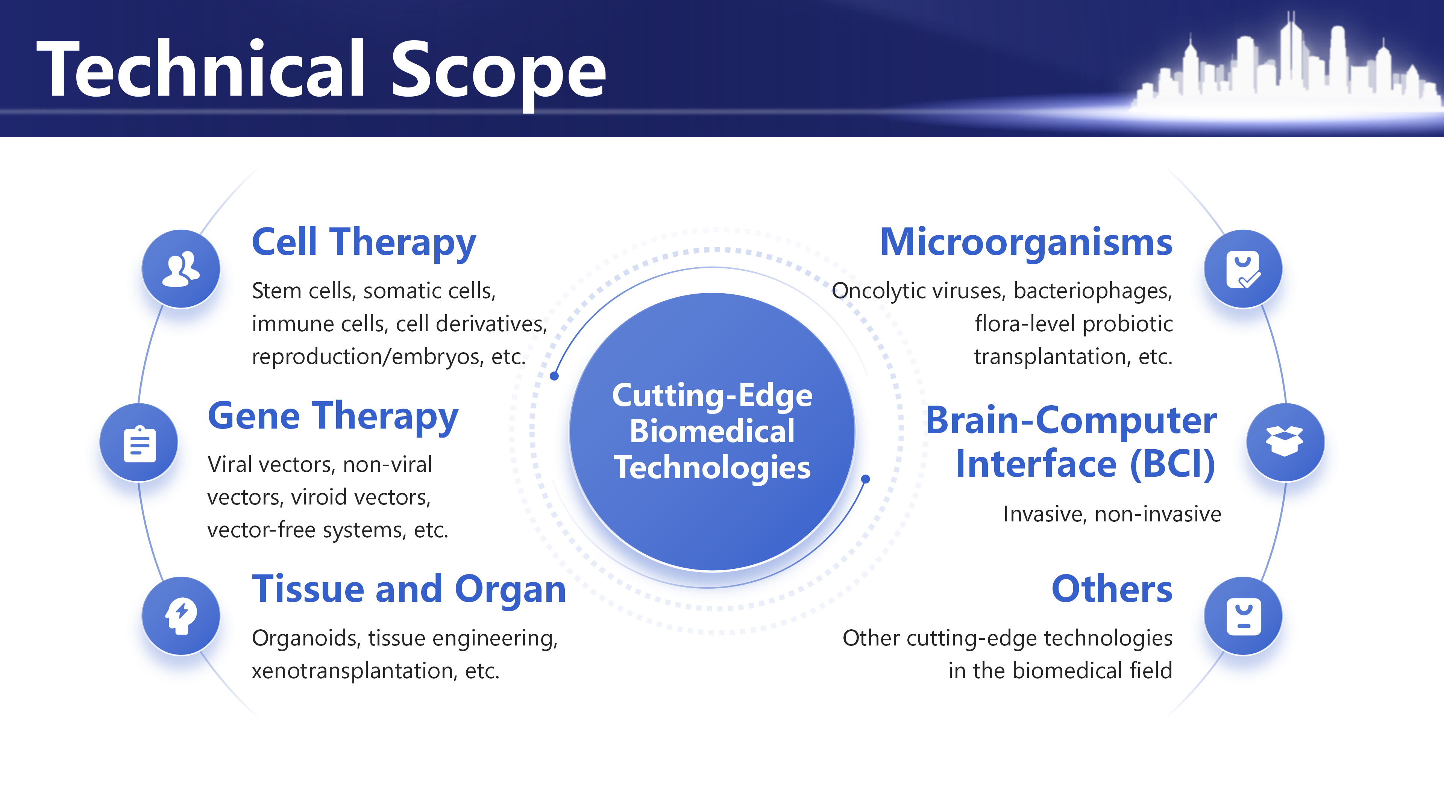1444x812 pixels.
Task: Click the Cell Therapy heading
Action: tap(364, 242)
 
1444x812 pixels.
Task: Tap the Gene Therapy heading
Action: tap(333, 417)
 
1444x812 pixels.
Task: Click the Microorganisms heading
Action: tap(1026, 242)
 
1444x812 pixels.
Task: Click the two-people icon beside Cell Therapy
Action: tap(180, 269)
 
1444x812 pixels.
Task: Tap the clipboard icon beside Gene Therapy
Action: tap(140, 444)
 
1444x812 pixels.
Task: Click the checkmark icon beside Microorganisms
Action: tap(1243, 270)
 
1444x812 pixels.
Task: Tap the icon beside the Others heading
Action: tap(1243, 617)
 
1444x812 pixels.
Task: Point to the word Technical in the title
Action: tap(201, 68)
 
